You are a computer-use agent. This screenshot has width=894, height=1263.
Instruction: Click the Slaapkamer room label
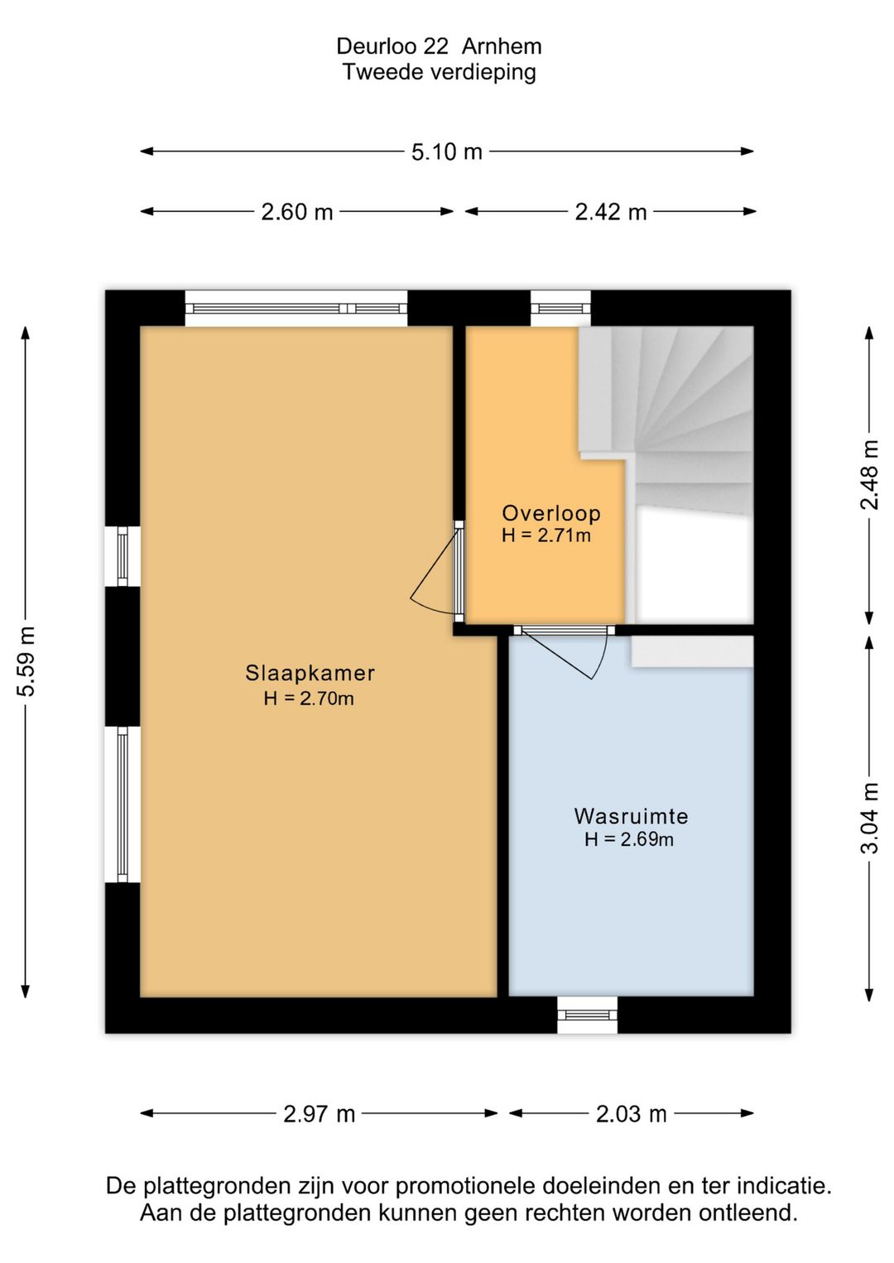click(x=310, y=673)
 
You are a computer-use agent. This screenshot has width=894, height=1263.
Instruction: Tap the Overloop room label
click(x=551, y=513)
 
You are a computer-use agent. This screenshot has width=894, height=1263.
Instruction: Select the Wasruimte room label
click(x=631, y=816)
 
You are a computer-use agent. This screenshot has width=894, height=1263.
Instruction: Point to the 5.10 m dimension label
click(x=446, y=152)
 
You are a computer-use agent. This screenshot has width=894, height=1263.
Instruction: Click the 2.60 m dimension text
click(x=296, y=213)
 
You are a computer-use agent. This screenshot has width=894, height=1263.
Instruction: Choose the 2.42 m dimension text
click(x=610, y=213)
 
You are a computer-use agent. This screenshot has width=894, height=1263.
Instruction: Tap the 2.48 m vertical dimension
click(x=869, y=475)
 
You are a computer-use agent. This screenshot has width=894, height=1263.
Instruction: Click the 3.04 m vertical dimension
click(x=869, y=818)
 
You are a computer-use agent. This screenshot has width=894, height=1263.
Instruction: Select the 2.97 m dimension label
click(x=319, y=1114)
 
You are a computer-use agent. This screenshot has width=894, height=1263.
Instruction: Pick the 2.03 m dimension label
click(x=631, y=1114)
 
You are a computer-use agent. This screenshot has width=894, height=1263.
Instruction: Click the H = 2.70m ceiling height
click(x=309, y=699)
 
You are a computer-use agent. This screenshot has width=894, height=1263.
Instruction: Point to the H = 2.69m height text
click(x=629, y=840)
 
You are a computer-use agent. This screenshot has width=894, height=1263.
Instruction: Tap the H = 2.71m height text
click(x=546, y=535)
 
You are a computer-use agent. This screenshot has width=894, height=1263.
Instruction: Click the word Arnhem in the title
click(x=502, y=46)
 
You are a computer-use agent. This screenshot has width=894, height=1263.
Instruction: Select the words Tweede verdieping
click(x=440, y=73)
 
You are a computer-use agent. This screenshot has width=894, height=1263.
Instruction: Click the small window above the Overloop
click(x=560, y=308)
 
